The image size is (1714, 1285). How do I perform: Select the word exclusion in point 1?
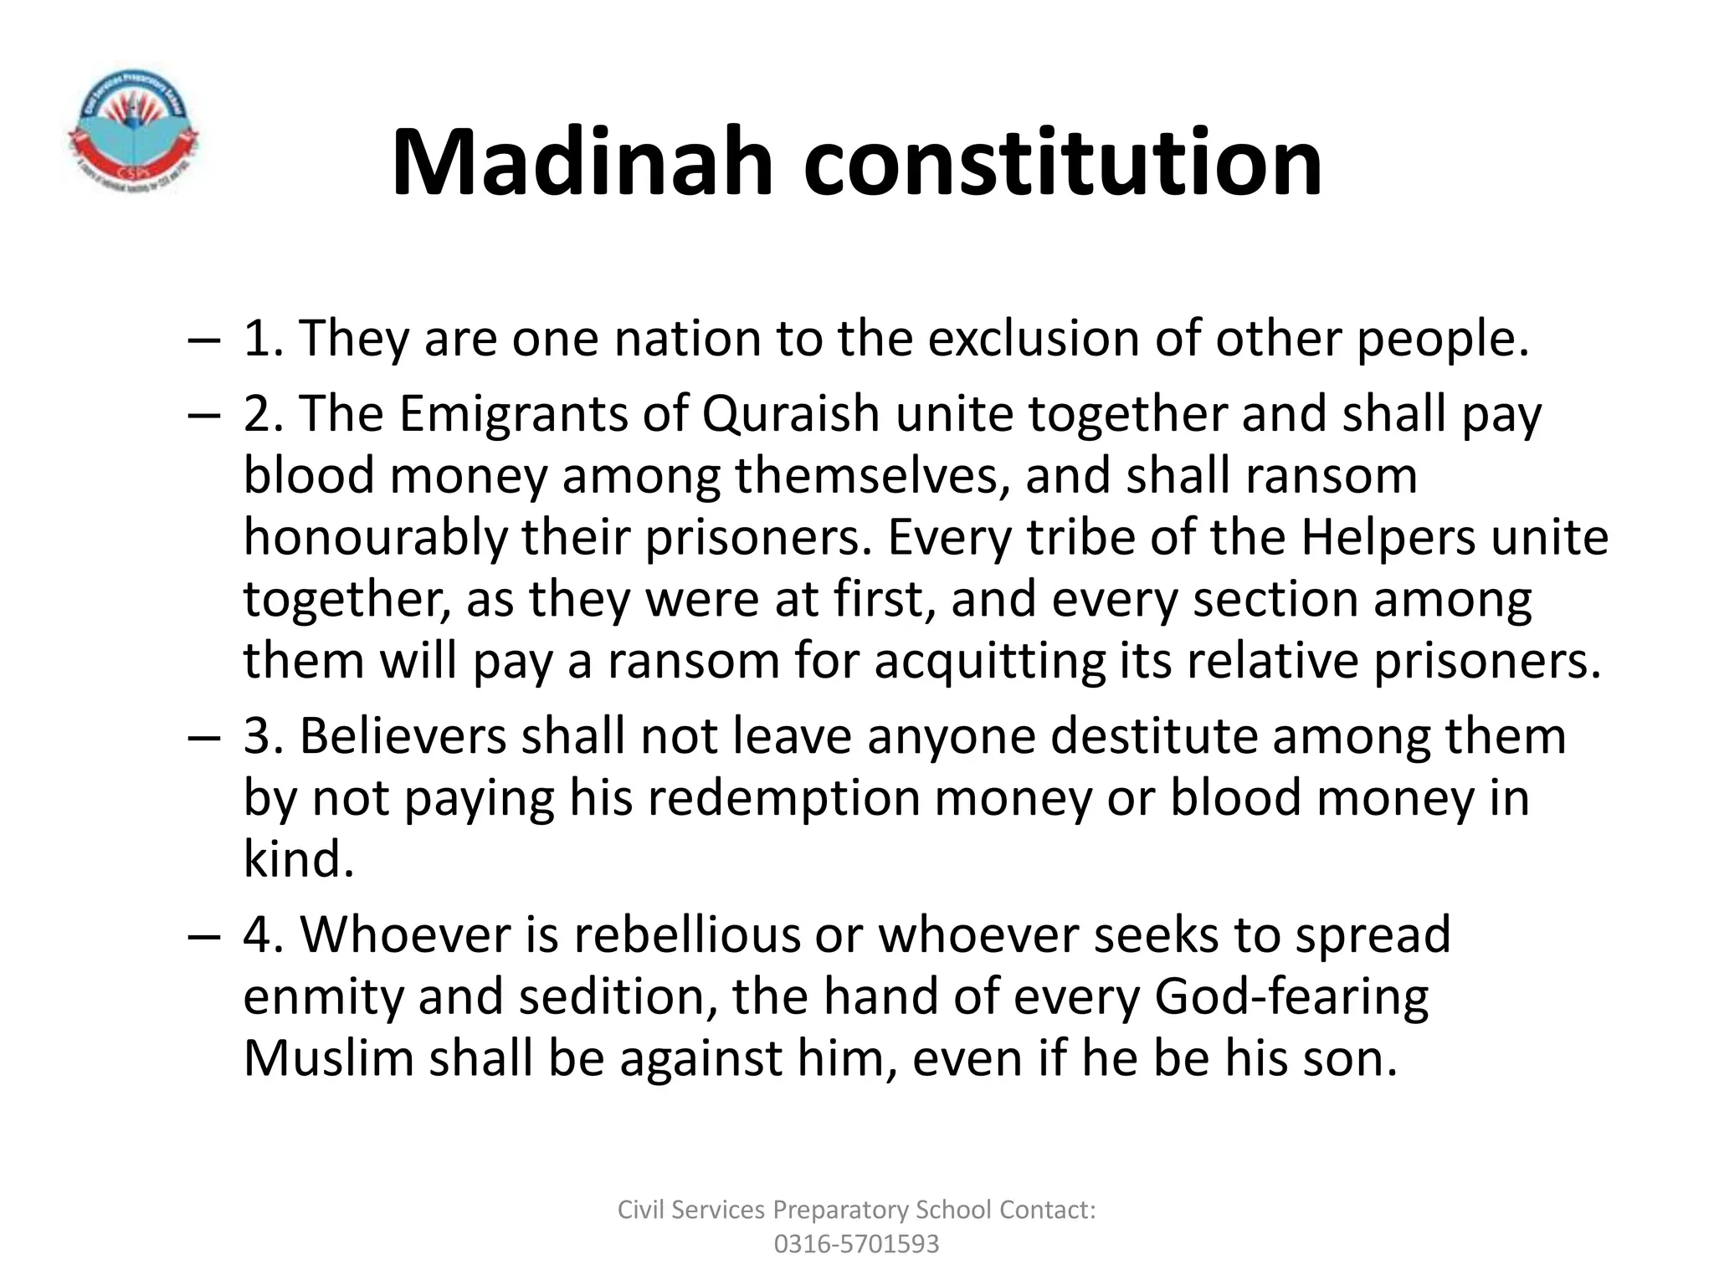1034,339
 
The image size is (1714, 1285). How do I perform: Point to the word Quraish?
791,414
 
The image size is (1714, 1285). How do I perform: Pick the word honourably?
375,538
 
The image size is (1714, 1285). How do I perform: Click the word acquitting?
990,662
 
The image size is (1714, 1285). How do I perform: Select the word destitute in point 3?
1154,737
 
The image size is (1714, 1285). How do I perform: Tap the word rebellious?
686,935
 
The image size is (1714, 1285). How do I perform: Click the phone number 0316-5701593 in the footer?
856,1244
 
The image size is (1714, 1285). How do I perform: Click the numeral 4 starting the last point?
256,935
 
